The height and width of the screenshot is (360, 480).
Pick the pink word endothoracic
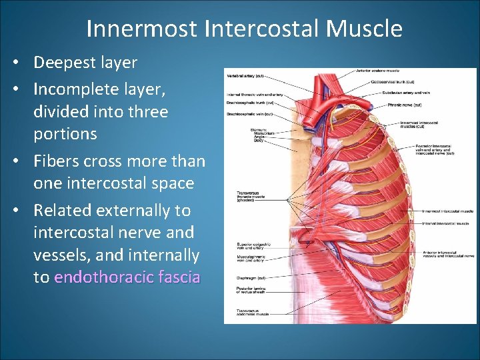(x=105, y=277)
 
